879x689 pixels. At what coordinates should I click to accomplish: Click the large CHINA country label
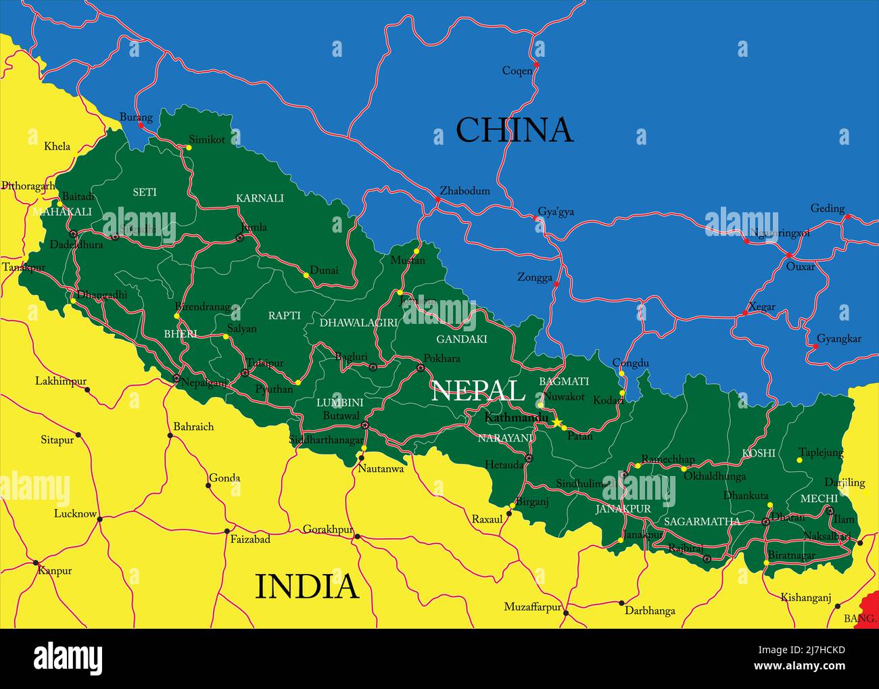pyautogui.click(x=514, y=130)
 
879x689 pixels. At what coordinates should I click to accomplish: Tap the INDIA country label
pyautogui.click(x=306, y=586)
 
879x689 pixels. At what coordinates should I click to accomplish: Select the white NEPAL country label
pyautogui.click(x=477, y=391)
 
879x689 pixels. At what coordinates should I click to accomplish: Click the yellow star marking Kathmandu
pyautogui.click(x=557, y=423)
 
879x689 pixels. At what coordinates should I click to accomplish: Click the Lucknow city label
pyautogui.click(x=75, y=513)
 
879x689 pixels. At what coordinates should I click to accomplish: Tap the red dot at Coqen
pyautogui.click(x=536, y=65)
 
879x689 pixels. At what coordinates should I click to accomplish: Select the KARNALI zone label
pyautogui.click(x=260, y=198)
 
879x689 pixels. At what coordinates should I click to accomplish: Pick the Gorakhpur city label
pyautogui.click(x=328, y=529)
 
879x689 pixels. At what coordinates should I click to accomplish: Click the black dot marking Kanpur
pyautogui.click(x=35, y=562)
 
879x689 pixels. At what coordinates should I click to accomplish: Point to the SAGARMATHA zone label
pyautogui.click(x=702, y=521)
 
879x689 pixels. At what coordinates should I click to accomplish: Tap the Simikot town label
pyautogui.click(x=207, y=139)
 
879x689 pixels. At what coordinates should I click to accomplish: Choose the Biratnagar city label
pyautogui.click(x=792, y=555)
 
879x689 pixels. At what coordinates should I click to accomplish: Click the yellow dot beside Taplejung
pyautogui.click(x=799, y=460)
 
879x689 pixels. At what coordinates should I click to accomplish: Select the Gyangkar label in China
pyautogui.click(x=839, y=339)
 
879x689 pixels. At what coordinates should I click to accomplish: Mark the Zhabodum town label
pyautogui.click(x=465, y=191)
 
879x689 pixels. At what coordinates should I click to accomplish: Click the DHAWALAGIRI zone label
pyautogui.click(x=358, y=323)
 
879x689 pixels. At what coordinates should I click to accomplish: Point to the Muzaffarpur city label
pyautogui.click(x=533, y=607)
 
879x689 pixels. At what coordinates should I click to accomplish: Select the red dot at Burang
pyautogui.click(x=141, y=125)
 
